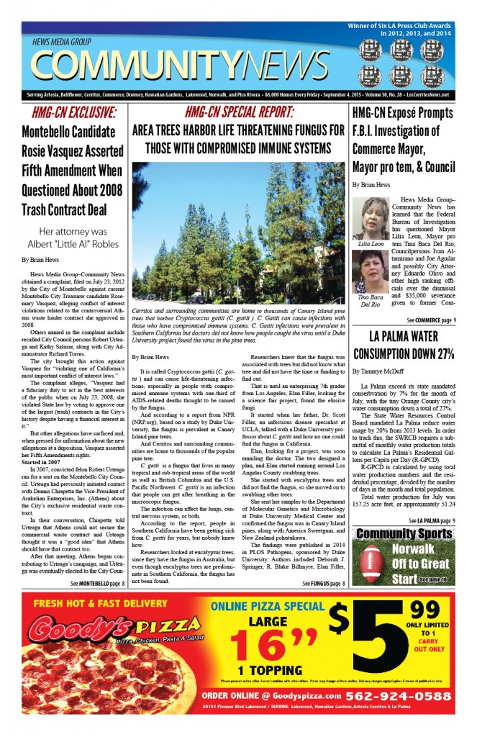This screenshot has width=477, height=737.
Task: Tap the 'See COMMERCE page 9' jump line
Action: tap(430, 320)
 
